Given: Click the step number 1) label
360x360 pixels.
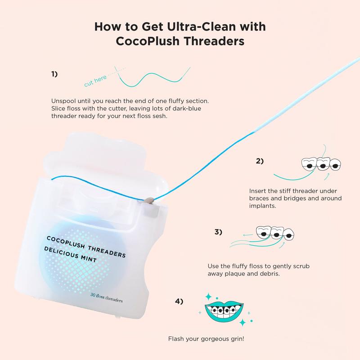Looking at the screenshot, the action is coord(54,74).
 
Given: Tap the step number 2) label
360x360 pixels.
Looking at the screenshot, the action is coord(260,161).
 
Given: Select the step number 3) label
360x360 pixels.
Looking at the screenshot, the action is coord(218,232).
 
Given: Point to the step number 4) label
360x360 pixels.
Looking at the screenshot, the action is coord(179,301).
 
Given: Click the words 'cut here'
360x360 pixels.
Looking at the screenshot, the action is coord(95,81).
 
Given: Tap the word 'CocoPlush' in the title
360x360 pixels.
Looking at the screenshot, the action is coord(148,41).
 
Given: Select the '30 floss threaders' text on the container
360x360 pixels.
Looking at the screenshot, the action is coord(107,297).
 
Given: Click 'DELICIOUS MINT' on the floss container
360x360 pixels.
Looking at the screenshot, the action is coord(70,254).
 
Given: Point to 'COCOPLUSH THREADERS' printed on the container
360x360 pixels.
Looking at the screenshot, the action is coord(86,247).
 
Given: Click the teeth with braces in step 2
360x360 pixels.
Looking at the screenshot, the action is coord(321,164).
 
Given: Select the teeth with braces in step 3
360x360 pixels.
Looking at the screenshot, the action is coord(275,234).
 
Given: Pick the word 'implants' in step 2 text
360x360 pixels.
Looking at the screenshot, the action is coord(263,206).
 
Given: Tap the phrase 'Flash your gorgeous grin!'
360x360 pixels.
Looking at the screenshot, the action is coord(206,339).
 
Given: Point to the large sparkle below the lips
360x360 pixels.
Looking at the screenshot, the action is coord(243,322).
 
